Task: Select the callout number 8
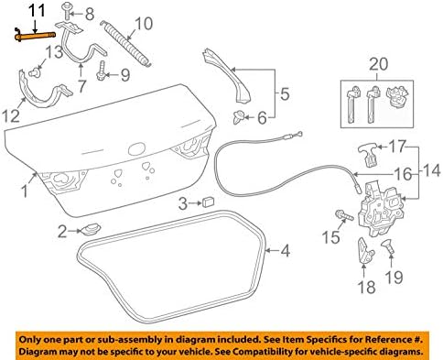click(89, 14)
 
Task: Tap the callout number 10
click(144, 23)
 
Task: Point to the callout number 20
click(377, 63)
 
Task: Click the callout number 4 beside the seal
click(285, 248)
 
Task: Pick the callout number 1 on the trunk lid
click(24, 192)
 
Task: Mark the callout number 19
click(396, 276)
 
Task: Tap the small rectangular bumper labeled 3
click(209, 201)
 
